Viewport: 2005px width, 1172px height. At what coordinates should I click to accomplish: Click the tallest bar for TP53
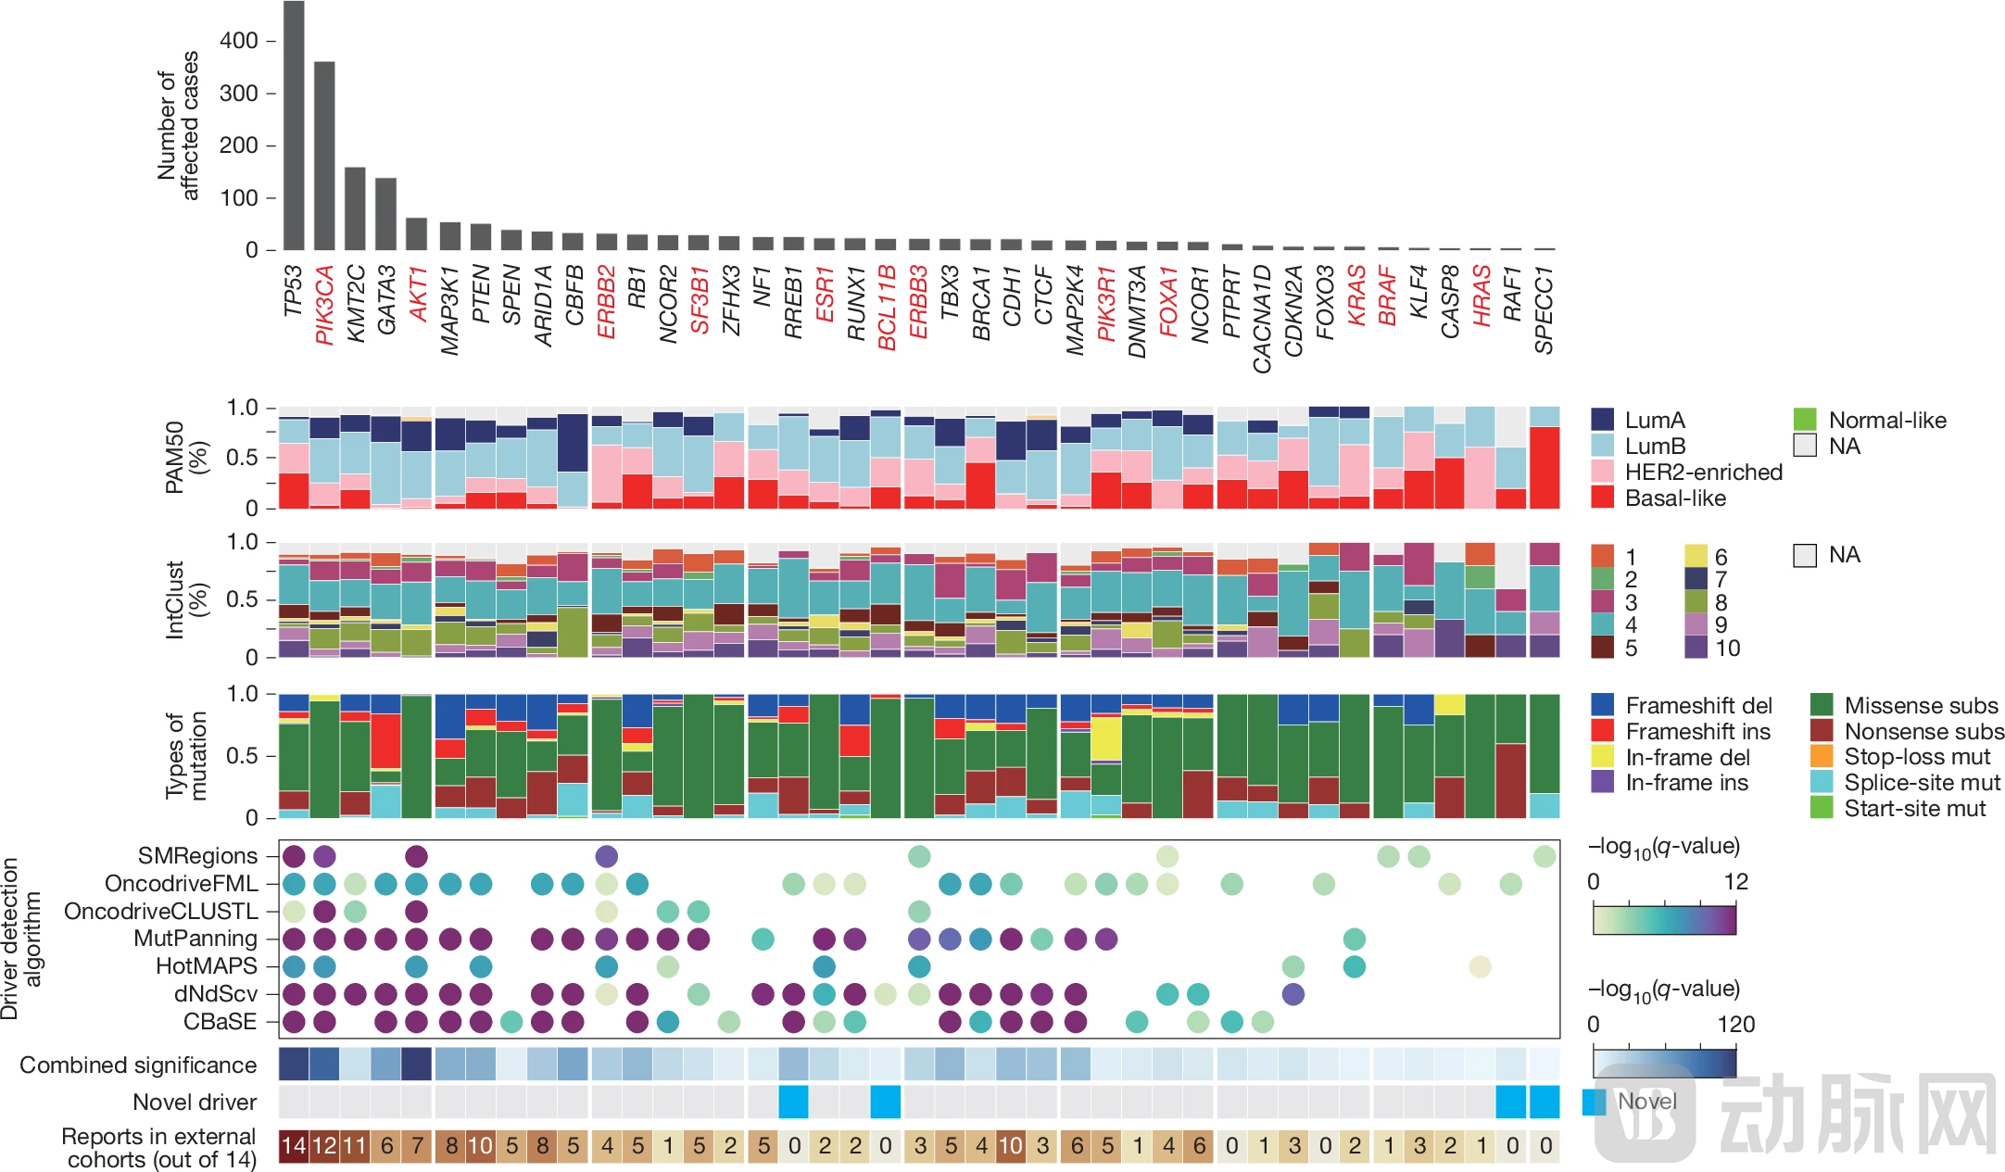(294, 125)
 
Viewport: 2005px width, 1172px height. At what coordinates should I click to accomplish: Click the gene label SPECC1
(1544, 309)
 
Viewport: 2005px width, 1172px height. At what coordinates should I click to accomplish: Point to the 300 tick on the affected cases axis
(238, 94)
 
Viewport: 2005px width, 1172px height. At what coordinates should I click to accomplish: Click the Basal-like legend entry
(1675, 498)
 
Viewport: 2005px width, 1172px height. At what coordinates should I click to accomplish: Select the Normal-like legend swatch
(1804, 420)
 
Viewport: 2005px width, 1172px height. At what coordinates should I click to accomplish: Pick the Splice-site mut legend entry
(1922, 783)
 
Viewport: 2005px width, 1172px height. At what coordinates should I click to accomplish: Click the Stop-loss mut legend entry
(1916, 757)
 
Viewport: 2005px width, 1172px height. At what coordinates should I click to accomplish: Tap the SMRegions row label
(197, 856)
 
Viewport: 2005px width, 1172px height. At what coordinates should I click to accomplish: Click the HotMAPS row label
(206, 966)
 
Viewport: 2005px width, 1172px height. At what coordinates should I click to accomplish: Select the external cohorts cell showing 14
(294, 1146)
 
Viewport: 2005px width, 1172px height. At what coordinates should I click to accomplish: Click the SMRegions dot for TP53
(294, 856)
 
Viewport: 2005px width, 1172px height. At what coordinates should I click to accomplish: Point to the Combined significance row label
(138, 1065)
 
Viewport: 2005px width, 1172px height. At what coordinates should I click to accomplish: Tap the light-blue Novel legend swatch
(1595, 1102)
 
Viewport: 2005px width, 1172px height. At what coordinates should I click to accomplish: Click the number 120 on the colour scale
(1735, 1024)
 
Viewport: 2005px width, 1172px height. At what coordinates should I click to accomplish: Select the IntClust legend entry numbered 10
(1727, 648)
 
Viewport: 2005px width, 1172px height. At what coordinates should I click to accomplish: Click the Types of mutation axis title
(186, 756)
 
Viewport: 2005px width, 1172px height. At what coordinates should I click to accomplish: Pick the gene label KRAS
(1356, 295)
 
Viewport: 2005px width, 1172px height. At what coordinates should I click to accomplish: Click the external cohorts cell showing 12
(324, 1146)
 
